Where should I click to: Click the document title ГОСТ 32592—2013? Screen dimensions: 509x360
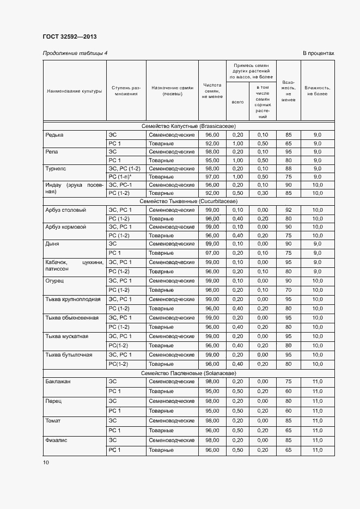[x=69, y=37]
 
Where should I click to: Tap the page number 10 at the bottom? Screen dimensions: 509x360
[x=46, y=462]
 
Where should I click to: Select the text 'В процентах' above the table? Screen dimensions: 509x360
[x=318, y=53]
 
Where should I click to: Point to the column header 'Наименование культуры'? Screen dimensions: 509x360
[x=74, y=91]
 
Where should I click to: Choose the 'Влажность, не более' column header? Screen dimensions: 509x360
[x=317, y=90]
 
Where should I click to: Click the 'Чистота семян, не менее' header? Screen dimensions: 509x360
[x=212, y=90]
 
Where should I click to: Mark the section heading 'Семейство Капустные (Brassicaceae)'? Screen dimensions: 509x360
[x=188, y=126]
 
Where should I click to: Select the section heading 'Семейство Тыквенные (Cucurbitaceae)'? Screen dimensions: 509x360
[x=188, y=201]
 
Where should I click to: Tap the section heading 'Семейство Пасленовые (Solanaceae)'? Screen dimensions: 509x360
[x=188, y=373]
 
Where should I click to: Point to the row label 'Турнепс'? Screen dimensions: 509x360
[x=56, y=169]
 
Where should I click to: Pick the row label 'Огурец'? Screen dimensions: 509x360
[x=55, y=280]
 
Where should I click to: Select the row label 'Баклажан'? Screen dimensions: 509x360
[x=58, y=381]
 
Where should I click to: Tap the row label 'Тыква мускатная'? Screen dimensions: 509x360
[x=66, y=336]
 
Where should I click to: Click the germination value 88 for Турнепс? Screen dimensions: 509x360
[x=288, y=169]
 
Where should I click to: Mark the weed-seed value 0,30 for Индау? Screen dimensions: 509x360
[x=263, y=193]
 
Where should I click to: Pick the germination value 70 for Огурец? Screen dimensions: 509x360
[x=288, y=290]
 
